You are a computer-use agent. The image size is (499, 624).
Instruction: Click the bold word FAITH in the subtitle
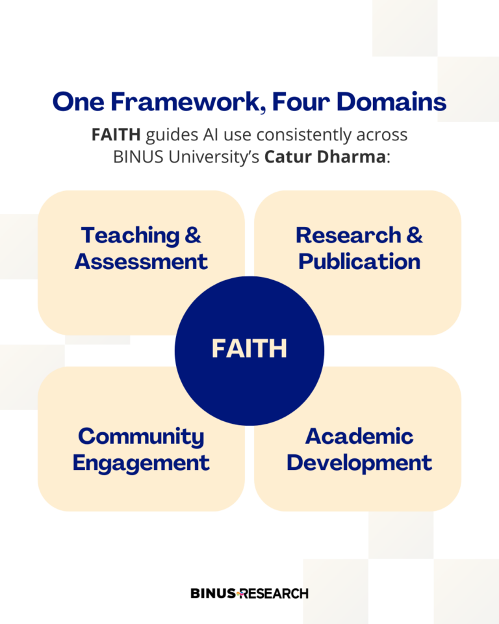click(116, 136)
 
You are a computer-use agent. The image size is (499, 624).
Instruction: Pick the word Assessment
click(141, 261)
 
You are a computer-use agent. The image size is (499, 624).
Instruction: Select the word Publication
click(359, 261)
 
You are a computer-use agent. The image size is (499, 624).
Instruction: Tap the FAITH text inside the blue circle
click(249, 349)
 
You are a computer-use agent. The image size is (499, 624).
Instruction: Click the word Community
click(141, 437)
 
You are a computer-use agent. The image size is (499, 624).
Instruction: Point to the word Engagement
click(141, 463)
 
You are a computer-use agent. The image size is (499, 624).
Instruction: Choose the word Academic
click(359, 437)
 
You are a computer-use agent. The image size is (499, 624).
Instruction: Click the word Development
click(359, 463)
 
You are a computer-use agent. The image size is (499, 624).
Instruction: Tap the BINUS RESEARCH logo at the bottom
click(249, 593)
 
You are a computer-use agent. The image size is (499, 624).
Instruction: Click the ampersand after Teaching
click(193, 235)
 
